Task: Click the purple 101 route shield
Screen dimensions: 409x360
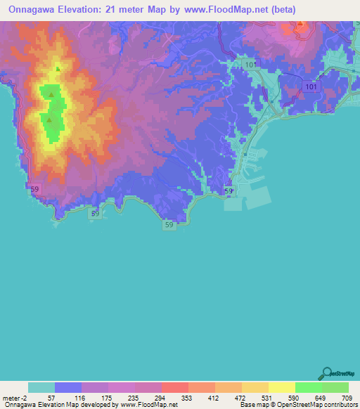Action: pyautogui.click(x=311, y=86)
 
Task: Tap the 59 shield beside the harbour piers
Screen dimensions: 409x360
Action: pyautogui.click(x=229, y=190)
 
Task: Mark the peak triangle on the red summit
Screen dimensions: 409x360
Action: pyautogui.click(x=301, y=23)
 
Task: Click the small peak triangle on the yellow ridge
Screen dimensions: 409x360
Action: pyautogui.click(x=58, y=69)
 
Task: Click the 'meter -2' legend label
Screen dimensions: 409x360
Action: pyautogui.click(x=15, y=398)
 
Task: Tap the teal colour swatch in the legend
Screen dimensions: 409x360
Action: pyautogui.click(x=41, y=387)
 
